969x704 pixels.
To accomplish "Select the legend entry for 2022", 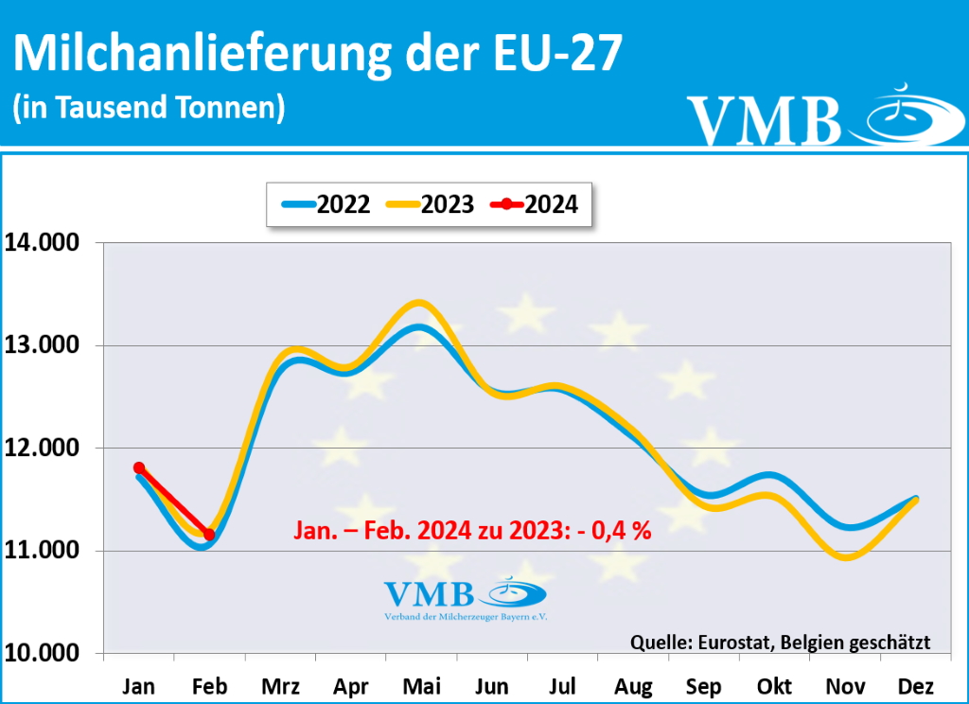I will click(326, 203).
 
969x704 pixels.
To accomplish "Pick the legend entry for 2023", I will click(432, 203).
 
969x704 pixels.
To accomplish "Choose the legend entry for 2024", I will click(535, 203).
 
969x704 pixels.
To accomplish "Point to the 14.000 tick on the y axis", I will click(44, 242).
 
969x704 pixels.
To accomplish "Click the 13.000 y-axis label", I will click(44, 345).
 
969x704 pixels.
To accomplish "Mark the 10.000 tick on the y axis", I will click(44, 653).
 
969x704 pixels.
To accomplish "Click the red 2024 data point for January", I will click(139, 467).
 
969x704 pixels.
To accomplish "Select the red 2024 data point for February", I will click(209, 535).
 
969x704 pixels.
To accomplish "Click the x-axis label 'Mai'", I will click(421, 686).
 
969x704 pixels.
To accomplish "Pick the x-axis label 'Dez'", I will click(916, 686).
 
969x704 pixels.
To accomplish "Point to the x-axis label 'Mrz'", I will click(280, 686).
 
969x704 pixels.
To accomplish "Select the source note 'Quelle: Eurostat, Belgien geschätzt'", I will click(780, 642).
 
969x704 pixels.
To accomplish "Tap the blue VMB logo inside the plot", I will click(466, 598).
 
